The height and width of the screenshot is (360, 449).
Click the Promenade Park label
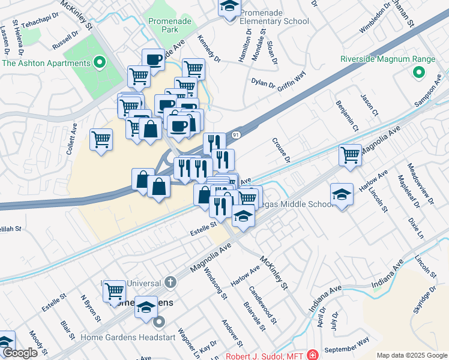[170, 25]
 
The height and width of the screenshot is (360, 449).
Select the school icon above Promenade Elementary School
[229, 7]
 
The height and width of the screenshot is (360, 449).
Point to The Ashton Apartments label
[46, 62]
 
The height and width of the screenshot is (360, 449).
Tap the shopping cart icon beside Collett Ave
[101, 139]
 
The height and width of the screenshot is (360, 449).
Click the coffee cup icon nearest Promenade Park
[153, 59]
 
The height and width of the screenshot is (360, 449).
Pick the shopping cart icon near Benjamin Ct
[350, 155]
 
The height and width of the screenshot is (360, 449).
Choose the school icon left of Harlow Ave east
[342, 194]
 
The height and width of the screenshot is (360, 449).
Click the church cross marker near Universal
[170, 282]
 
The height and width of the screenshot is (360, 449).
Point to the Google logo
[20, 353]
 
